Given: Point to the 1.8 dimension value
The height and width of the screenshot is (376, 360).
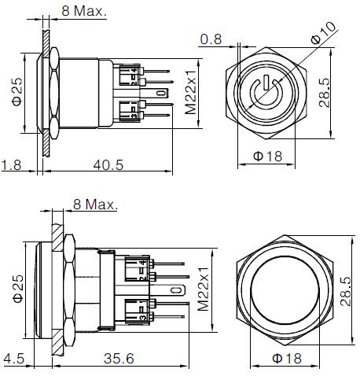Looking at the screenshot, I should coord(11,166).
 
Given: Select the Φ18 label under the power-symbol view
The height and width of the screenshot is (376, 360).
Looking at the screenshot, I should coord(268,157).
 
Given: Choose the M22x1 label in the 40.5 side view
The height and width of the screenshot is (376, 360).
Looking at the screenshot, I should coord(189,93).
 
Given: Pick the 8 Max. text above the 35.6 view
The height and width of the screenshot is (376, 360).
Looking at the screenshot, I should coord(94,205).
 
